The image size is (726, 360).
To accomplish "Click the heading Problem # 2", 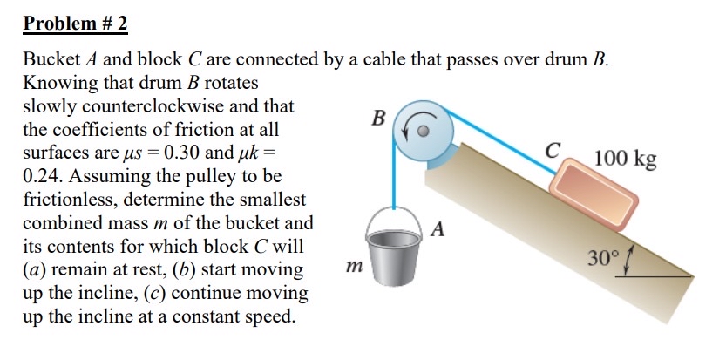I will tap(75, 24).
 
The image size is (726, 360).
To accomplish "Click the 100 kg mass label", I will tap(626, 159).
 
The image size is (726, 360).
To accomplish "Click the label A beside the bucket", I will tap(438, 230).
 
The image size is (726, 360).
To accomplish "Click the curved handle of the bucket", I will tap(397, 214).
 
